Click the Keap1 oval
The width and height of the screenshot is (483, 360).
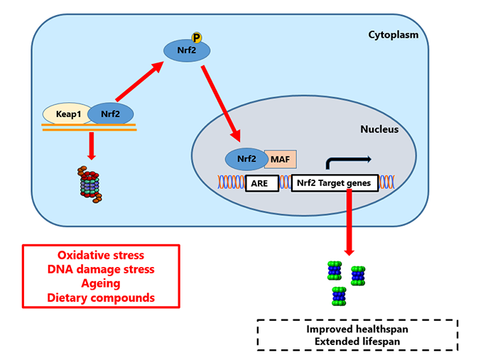pos(67,113)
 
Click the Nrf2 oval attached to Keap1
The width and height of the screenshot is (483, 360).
pos(111,113)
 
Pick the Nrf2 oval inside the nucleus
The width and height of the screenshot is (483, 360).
pos(244,158)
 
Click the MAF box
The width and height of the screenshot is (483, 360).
pos(280,159)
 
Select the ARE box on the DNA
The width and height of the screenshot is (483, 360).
pos(261,183)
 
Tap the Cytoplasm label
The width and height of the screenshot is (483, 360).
pos(393,34)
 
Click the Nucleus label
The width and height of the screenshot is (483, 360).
pos(379,129)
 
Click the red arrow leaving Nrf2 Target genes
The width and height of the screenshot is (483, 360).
pos(349,224)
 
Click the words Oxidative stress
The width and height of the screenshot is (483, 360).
pos(100,255)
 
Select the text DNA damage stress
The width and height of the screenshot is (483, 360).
pos(100,269)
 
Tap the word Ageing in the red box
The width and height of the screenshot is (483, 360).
pos(100,283)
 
